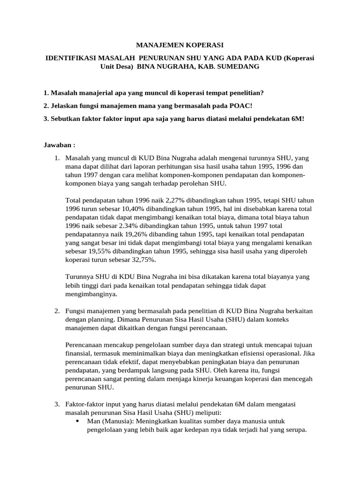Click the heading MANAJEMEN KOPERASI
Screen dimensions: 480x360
coord(180,45)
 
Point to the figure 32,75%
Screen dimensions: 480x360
coord(143,260)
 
